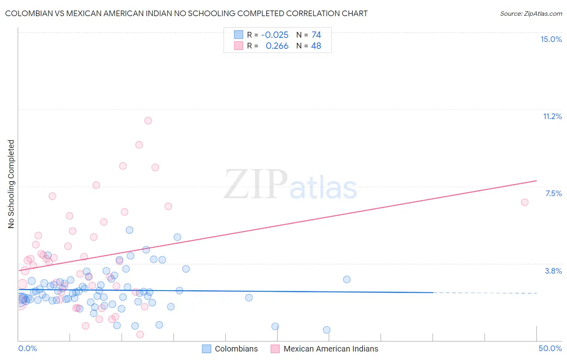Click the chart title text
(x=186, y=14)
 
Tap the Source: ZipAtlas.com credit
(x=531, y=14)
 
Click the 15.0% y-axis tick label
(x=551, y=40)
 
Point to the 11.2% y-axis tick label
(x=552, y=117)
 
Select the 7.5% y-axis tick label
(x=553, y=194)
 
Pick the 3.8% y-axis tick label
(x=553, y=271)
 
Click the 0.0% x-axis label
(x=27, y=349)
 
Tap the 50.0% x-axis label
(x=550, y=349)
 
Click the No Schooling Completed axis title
(x=11, y=184)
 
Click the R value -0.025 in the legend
(x=275, y=35)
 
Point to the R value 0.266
(x=277, y=46)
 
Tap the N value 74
(x=316, y=35)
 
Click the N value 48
(x=316, y=46)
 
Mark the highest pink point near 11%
(x=148, y=121)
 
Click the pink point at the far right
(x=525, y=202)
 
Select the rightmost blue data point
(x=347, y=279)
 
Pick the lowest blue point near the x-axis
(x=327, y=330)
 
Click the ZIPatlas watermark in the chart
(x=290, y=185)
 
